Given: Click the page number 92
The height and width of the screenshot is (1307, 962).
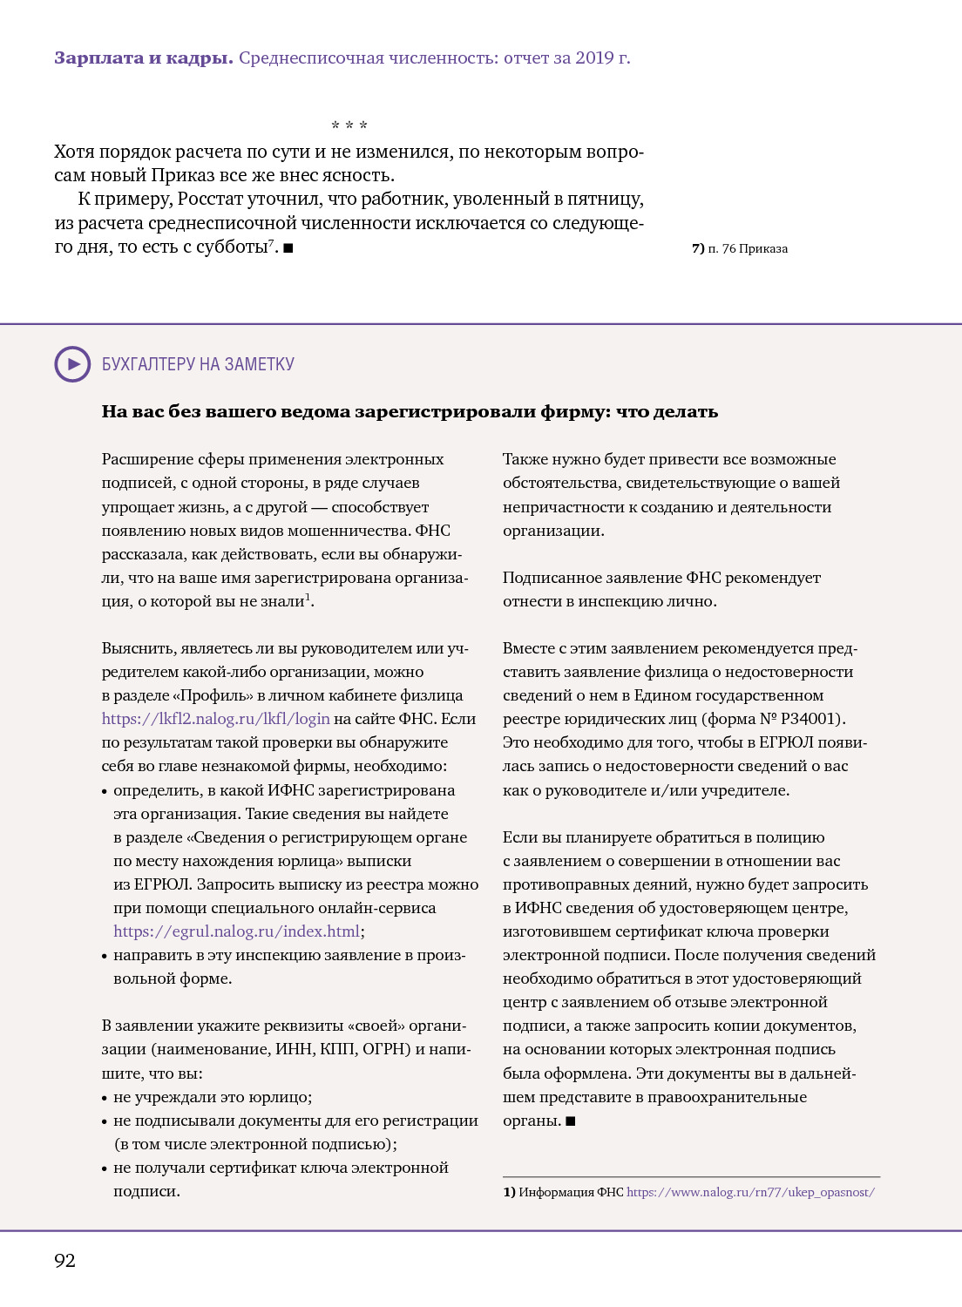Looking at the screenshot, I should [x=64, y=1261].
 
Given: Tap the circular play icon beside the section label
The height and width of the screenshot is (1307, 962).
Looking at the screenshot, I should [x=72, y=364].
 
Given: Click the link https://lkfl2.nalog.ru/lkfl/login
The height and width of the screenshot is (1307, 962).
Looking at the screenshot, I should [x=215, y=719].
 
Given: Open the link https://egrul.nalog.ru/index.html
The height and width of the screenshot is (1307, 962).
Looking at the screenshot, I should [x=236, y=931].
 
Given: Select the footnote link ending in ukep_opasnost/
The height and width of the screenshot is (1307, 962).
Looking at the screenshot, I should [x=750, y=1192].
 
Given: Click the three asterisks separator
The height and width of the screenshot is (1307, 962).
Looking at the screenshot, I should [x=349, y=125].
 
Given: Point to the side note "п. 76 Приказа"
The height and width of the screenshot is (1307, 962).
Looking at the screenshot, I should [x=740, y=248].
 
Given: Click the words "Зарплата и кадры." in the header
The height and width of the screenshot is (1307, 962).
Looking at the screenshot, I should [x=143, y=58].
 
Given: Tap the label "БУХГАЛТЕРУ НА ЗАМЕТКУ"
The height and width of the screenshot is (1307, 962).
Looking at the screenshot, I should [x=198, y=364].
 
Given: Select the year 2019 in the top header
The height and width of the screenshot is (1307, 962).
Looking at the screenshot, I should [x=594, y=58].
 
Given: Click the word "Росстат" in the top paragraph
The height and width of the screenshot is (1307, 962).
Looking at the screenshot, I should [x=212, y=199].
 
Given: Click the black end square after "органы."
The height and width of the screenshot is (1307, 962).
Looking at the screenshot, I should [x=571, y=1121].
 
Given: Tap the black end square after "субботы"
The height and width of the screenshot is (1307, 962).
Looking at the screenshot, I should [x=288, y=247].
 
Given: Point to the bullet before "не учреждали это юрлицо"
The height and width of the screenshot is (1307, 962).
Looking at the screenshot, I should [x=105, y=1098].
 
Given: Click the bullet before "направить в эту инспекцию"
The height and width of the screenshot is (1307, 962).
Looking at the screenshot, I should [x=105, y=956].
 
